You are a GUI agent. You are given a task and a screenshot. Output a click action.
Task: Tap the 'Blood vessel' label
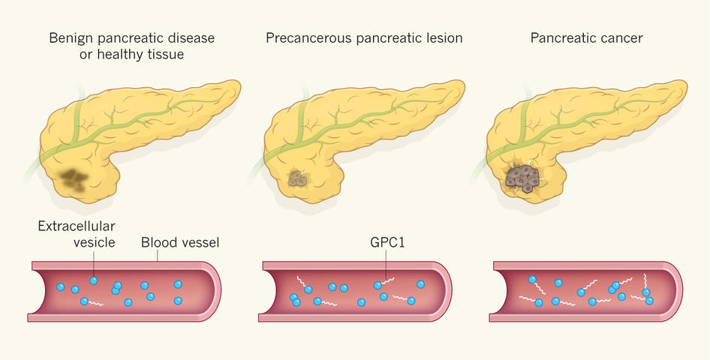coord(179,243)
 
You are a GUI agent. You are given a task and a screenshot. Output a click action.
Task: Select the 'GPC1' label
coord(386,243)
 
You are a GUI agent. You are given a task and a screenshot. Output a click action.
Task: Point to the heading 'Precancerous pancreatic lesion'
coord(364,37)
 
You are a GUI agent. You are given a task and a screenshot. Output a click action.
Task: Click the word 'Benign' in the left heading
coord(69,37)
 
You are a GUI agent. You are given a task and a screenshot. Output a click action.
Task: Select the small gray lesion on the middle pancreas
coord(299,178)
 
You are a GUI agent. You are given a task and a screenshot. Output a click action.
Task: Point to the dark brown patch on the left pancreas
coord(74,178)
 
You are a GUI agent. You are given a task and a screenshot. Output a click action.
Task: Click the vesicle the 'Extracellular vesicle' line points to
coord(93,280)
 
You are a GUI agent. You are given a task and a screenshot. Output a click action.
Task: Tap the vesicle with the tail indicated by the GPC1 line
coord(378,285)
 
